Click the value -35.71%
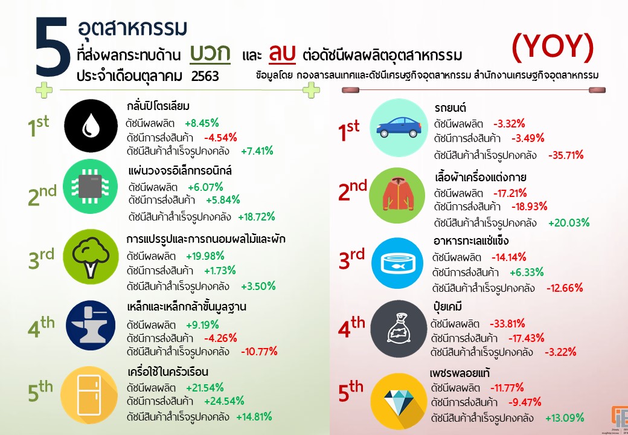coord(566,155)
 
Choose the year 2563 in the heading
coord(205,76)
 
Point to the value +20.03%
coord(568,222)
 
